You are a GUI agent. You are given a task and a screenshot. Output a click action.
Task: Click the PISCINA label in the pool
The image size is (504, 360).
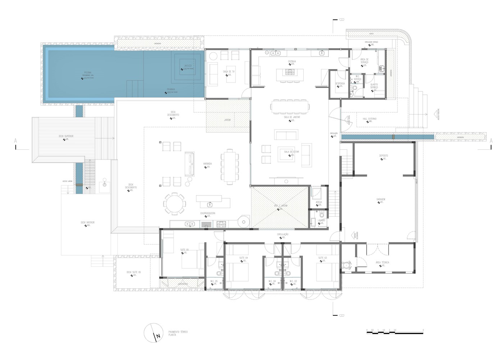click(x=88, y=72)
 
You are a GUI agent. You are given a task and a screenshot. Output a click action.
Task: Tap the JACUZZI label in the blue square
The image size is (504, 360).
click(x=188, y=66)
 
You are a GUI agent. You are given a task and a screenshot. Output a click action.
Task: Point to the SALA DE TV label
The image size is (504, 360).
click(x=229, y=72)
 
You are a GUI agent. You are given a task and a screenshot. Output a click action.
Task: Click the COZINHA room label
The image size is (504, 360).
click(x=292, y=62)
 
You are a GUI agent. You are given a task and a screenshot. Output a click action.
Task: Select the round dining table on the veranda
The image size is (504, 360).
click(x=175, y=204)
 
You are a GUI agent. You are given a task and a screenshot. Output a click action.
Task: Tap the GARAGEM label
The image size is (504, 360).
click(x=381, y=199)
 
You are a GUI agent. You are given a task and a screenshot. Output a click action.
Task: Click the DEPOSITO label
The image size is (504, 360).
click(x=383, y=156)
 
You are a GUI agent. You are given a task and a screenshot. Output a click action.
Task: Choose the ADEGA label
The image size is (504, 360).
click(x=319, y=202)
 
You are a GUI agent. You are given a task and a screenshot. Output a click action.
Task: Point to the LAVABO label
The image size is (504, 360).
click(x=321, y=220)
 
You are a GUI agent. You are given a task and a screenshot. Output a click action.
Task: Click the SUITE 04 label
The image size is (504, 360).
click(x=244, y=258)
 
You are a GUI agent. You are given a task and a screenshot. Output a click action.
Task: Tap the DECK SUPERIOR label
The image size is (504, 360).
click(x=66, y=136)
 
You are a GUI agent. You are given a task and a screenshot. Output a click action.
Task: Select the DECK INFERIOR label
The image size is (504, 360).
click(x=87, y=222)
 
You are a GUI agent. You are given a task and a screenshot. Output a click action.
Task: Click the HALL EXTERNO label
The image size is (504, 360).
click(x=370, y=118)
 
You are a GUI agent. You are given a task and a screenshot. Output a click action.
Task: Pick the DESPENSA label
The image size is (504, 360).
click(x=340, y=84)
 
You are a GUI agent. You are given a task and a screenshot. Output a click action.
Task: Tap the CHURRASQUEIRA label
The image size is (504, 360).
click(x=208, y=213)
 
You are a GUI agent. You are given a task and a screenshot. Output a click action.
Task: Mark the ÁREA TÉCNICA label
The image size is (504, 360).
click(x=382, y=262)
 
